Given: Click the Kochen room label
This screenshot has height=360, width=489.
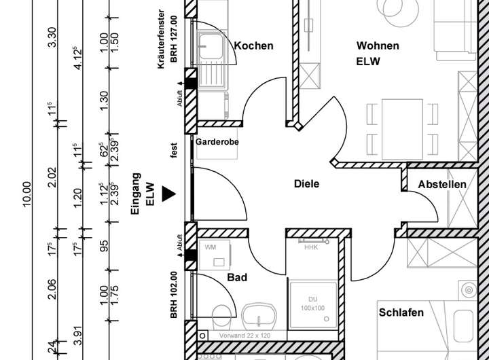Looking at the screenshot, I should (x=254, y=46).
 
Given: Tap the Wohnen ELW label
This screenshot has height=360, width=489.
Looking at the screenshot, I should (x=378, y=53).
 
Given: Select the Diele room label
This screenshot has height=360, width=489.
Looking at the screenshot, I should (x=306, y=183).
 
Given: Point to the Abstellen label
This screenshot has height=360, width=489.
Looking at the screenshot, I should (x=442, y=184).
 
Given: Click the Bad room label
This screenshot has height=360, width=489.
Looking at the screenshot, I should (x=237, y=277).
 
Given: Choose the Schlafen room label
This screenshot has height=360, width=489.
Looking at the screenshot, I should (x=401, y=312).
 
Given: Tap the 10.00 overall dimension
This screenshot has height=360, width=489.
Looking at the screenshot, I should (x=27, y=197).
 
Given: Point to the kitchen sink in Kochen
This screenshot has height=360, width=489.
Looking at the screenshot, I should (x=207, y=48).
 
